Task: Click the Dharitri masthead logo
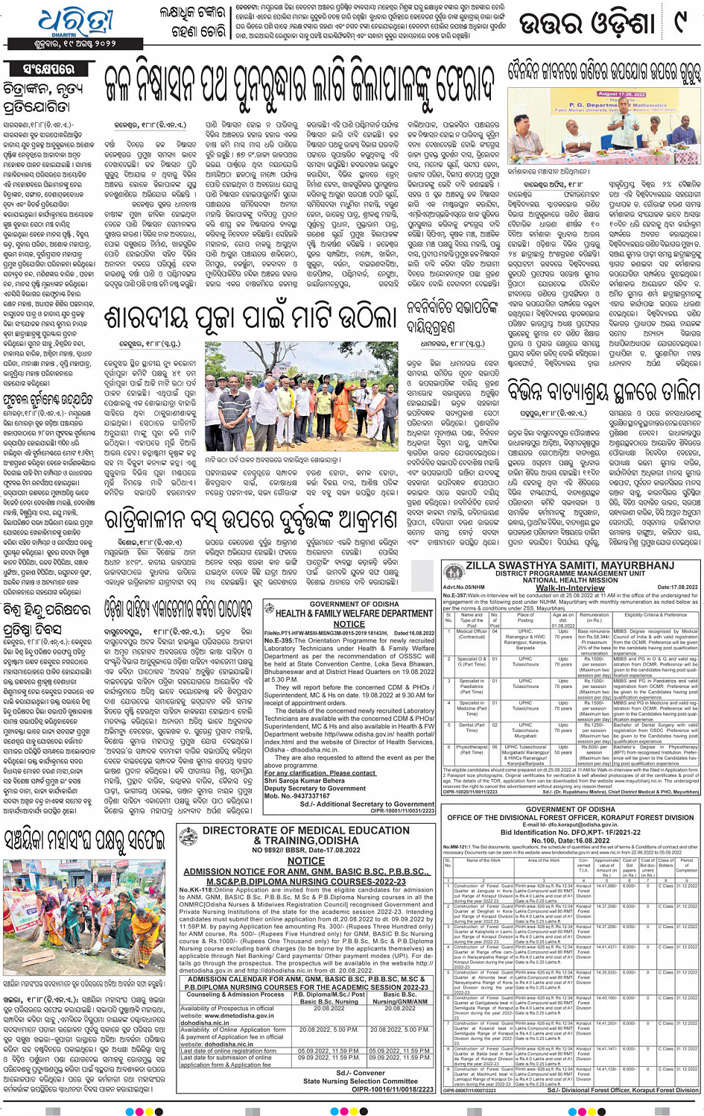pos(74,24)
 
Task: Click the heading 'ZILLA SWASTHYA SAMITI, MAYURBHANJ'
pos(569,565)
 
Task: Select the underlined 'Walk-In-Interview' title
pos(570,587)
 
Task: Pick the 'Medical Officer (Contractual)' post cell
pos(472,634)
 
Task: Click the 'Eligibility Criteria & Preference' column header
pos(655,615)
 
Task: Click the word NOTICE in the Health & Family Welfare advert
pos(349,624)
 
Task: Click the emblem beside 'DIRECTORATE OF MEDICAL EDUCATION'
pos(188,836)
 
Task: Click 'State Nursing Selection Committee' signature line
pos(360,1081)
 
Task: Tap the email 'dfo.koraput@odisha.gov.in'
pos(570,825)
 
